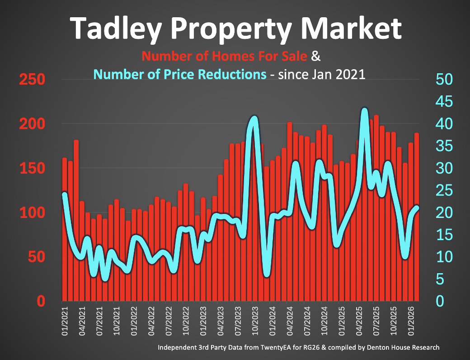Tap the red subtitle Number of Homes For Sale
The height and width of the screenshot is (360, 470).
click(x=224, y=57)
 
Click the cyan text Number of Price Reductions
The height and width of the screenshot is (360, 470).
click(x=180, y=74)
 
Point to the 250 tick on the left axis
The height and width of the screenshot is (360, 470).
click(x=32, y=80)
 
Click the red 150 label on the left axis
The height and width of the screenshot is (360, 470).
click(x=32, y=169)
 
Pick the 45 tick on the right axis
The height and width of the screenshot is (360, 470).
click(x=444, y=102)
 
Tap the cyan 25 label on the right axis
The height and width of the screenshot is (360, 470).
click(x=444, y=191)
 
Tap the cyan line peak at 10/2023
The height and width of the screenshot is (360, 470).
click(x=254, y=118)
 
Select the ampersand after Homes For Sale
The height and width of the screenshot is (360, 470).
click(x=316, y=57)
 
